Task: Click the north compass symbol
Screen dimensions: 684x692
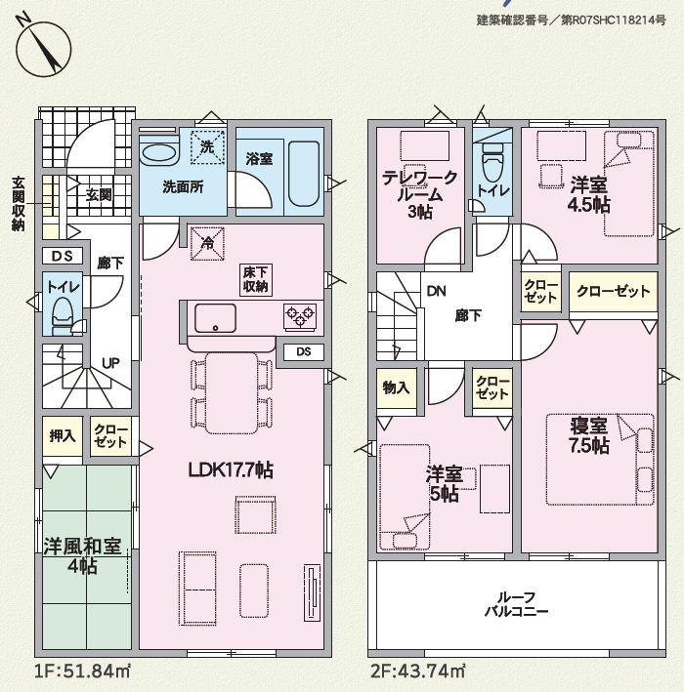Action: [44, 48]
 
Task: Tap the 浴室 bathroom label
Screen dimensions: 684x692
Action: [259, 159]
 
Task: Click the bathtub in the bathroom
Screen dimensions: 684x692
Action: [304, 174]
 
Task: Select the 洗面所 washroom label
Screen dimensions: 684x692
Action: [183, 187]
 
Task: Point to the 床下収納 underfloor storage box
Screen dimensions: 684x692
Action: [255, 280]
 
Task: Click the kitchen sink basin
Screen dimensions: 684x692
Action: [215, 318]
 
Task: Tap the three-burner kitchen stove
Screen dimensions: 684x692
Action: [300, 316]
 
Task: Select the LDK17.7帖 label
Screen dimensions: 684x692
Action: [231, 470]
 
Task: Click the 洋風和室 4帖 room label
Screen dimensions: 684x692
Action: [82, 555]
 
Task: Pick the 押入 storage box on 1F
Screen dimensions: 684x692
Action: [63, 435]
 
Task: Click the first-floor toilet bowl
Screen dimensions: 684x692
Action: [62, 312]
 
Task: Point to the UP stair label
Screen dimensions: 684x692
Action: [110, 363]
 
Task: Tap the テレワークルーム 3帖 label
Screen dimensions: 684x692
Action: [420, 194]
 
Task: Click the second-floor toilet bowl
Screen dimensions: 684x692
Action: [493, 167]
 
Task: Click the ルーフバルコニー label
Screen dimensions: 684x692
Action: [517, 604]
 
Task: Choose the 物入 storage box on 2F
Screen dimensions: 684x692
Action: [397, 387]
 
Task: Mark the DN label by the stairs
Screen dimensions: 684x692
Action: [436, 291]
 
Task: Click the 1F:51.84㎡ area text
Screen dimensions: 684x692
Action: [82, 672]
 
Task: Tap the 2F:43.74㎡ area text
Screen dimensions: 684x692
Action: [417, 672]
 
